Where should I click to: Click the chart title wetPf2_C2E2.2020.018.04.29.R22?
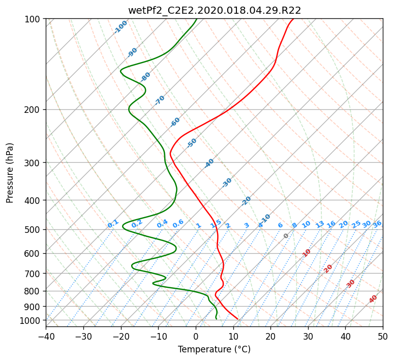tap(215, 11)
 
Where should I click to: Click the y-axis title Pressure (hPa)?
tap(10, 173)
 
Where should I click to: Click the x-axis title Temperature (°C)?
tap(215, 349)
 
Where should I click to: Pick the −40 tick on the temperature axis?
tap(46, 336)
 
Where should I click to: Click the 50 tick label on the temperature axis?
tap(383, 336)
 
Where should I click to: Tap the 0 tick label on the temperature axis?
tap(196, 336)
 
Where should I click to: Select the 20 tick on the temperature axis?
tap(270, 336)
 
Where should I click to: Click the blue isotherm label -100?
tap(120, 27)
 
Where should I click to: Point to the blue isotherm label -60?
tap(175, 122)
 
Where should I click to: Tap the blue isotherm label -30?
tap(227, 183)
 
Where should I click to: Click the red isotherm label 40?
tap(373, 299)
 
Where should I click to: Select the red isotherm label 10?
tap(307, 253)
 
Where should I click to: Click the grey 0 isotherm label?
tap(286, 236)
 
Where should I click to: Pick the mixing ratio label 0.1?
tap(113, 224)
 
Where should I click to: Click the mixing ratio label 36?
tap(377, 224)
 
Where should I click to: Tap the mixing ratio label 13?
tap(320, 225)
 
